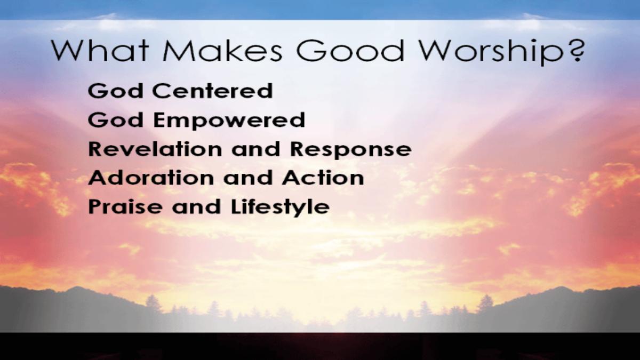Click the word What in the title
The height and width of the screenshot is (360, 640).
pyautogui.click(x=100, y=50)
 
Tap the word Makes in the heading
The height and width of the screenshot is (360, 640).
pyautogui.click(x=222, y=50)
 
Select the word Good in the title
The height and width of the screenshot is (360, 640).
pyautogui.click(x=350, y=50)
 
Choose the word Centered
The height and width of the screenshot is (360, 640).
pyautogui.click(x=213, y=91)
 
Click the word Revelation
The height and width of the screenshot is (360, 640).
pyautogui.click(x=155, y=149)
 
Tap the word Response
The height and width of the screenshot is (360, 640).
pyautogui.click(x=351, y=150)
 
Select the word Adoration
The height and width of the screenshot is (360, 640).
pyautogui.click(x=151, y=178)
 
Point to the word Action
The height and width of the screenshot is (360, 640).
pyautogui.click(x=323, y=178)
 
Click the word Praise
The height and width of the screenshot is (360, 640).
pyautogui.click(x=125, y=206)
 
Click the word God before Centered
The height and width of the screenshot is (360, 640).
pyautogui.click(x=115, y=91)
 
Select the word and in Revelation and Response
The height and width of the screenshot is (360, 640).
pyautogui.click(x=255, y=149)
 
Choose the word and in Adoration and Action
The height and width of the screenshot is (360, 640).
pyautogui.click(x=248, y=178)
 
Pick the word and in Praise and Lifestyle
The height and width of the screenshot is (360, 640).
pyautogui.click(x=196, y=206)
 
